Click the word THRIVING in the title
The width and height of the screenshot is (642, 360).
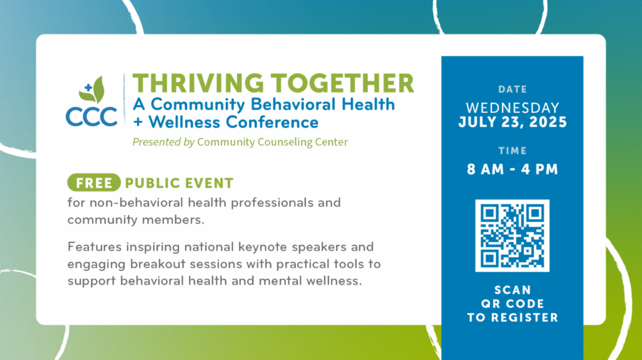pos(198,83)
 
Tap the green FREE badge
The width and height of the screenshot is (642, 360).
pos(94,182)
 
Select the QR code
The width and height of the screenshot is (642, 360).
pos(513,235)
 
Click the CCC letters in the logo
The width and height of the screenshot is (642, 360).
pos(91,117)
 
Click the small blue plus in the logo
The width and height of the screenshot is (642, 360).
pos(88,87)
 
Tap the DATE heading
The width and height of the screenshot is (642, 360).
pos(513,89)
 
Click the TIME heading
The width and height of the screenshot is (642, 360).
pos(513,151)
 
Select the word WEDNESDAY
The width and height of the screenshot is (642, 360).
pos(513,108)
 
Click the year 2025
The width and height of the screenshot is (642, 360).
pos(548,122)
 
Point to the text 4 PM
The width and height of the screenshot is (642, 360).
pos(539,169)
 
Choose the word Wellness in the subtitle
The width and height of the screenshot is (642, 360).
pos(184,122)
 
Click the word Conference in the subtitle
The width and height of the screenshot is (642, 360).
pos(272,122)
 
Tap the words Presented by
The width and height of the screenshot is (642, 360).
pos(164,142)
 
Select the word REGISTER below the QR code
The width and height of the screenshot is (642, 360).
pos(525,318)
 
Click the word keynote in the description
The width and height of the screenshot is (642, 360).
pos(263,247)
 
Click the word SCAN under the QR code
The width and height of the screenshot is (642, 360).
pos(513,290)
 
